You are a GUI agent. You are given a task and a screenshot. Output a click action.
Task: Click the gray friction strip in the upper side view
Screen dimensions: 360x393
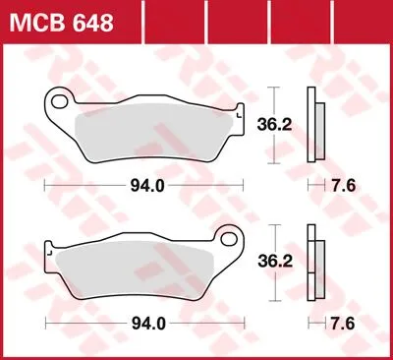tap(318, 128)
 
